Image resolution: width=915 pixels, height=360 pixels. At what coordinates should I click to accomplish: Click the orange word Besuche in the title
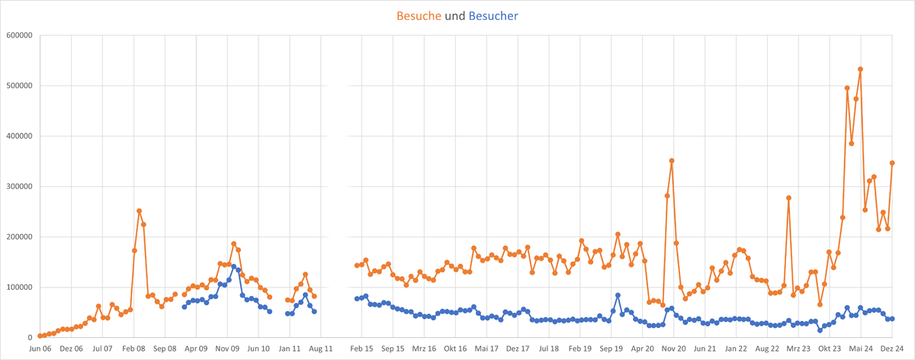(x=419, y=15)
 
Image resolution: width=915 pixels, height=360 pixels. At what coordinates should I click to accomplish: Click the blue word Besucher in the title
(x=493, y=15)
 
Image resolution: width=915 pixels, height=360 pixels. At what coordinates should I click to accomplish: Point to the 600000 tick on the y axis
(x=18, y=35)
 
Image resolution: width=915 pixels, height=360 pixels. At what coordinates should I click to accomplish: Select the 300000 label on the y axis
(x=18, y=186)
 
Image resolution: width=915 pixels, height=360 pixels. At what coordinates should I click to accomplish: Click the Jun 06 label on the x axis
(x=40, y=349)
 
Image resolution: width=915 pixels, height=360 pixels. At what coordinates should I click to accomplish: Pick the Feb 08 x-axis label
(x=134, y=349)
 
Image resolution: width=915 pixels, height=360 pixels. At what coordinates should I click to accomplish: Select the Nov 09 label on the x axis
(x=228, y=349)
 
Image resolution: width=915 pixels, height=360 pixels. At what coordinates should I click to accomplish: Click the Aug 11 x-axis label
(x=321, y=349)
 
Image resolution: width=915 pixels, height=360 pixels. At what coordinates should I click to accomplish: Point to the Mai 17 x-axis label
(x=486, y=349)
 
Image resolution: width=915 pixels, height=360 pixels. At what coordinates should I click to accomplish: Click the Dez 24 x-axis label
(x=892, y=349)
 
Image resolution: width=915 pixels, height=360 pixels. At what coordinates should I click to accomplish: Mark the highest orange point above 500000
(x=860, y=69)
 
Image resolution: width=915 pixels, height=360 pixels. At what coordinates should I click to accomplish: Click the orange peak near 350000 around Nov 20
(x=672, y=161)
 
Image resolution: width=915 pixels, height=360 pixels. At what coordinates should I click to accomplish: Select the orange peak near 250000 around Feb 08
(x=139, y=211)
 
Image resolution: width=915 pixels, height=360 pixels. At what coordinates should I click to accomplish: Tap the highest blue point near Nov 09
(x=233, y=267)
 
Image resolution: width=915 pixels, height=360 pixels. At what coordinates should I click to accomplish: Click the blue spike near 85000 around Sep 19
(x=618, y=295)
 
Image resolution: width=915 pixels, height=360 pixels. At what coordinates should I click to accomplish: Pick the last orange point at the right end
(x=892, y=162)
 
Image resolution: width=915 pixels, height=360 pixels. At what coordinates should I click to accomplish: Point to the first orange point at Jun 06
(x=40, y=336)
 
